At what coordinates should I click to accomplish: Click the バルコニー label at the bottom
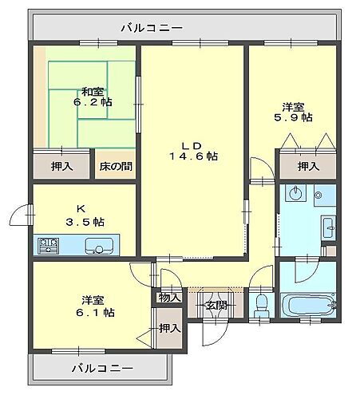click(x=101, y=369)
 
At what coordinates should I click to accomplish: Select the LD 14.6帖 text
click(x=192, y=151)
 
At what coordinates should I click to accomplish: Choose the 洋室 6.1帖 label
click(x=97, y=306)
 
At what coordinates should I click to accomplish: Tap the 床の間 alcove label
click(x=116, y=167)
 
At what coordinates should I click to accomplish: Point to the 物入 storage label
click(x=169, y=298)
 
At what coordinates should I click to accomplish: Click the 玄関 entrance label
click(x=215, y=304)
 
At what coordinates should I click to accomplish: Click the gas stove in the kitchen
click(x=46, y=245)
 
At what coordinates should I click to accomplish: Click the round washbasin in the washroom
click(x=296, y=193)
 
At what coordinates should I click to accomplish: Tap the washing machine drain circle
click(x=318, y=193)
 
